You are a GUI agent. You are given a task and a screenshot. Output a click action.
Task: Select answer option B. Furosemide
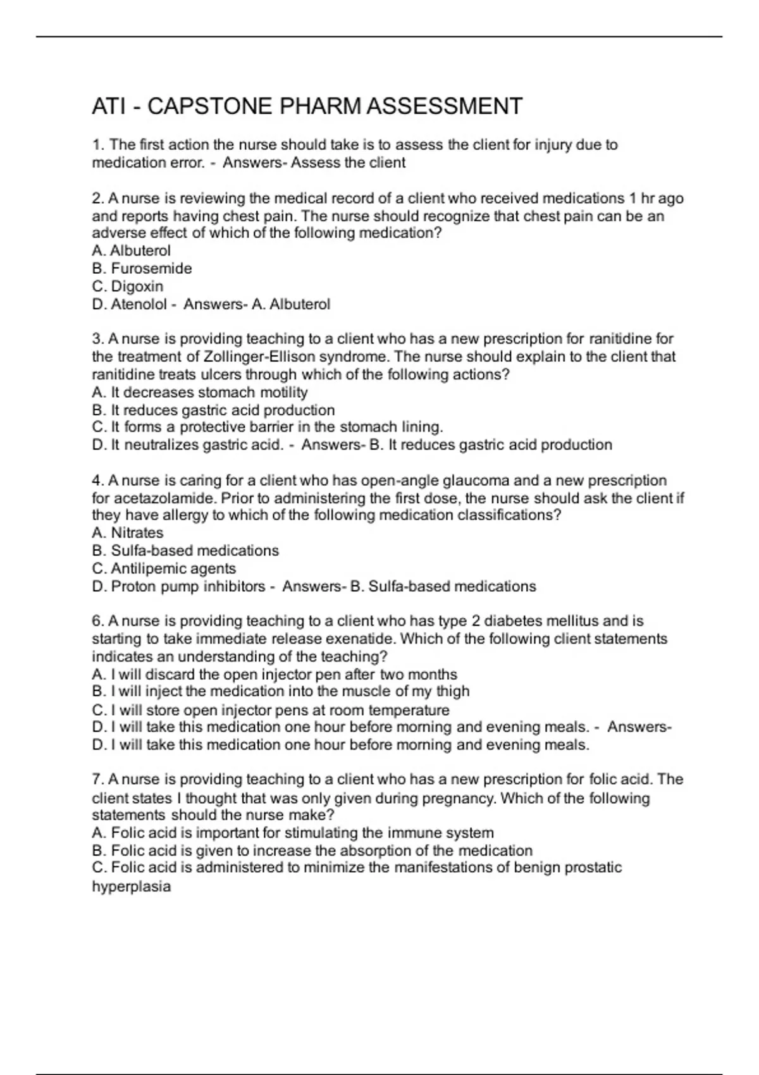coord(142,269)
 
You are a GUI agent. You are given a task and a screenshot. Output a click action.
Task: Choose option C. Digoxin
coord(128,286)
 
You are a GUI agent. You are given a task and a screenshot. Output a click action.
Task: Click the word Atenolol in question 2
coord(139,304)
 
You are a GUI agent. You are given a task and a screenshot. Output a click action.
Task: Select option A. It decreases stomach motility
coord(200,392)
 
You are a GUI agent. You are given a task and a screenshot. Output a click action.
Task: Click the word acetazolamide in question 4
coord(164,498)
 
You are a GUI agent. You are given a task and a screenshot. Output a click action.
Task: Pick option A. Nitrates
coord(128,533)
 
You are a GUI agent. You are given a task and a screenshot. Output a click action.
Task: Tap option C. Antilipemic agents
coord(164,568)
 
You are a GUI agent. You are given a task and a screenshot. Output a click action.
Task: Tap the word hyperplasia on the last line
coord(132,887)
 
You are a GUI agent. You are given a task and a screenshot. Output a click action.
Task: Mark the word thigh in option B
coord(453,691)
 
